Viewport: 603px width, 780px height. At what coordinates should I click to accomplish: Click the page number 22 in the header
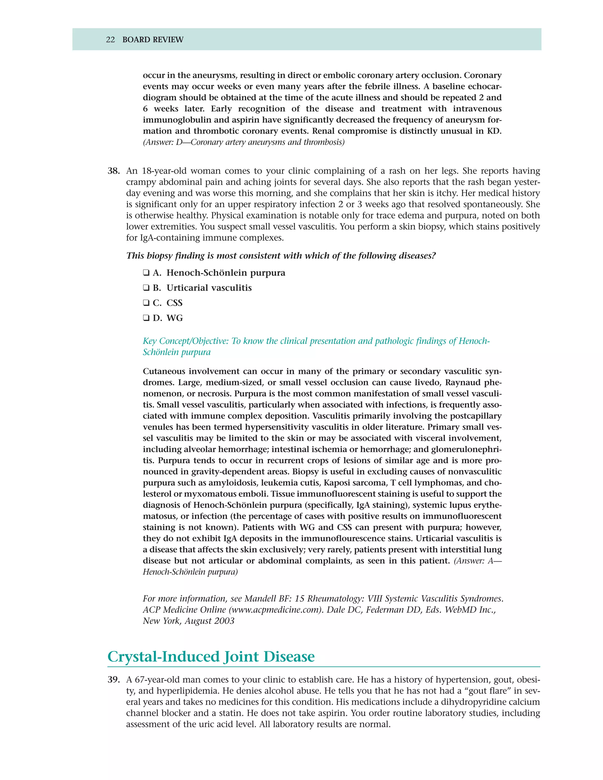(x=110, y=40)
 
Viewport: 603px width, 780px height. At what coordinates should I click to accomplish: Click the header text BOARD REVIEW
(x=153, y=40)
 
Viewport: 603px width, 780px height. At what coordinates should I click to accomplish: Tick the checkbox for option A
(x=146, y=273)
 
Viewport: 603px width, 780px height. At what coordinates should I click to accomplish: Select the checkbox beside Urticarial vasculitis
(x=146, y=288)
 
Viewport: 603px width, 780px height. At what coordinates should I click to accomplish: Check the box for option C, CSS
(x=146, y=303)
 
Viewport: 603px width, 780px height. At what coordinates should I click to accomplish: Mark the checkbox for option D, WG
(x=146, y=318)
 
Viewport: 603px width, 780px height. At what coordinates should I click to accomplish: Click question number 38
(x=114, y=171)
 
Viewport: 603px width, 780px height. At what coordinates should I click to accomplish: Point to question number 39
(x=114, y=680)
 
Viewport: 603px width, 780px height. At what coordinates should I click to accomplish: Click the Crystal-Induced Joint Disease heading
(x=211, y=656)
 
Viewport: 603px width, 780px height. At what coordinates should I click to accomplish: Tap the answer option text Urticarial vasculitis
(x=209, y=288)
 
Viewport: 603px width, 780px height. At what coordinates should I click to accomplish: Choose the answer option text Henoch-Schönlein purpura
(x=226, y=273)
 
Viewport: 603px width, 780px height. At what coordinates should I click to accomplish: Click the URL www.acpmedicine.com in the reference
(x=274, y=610)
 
